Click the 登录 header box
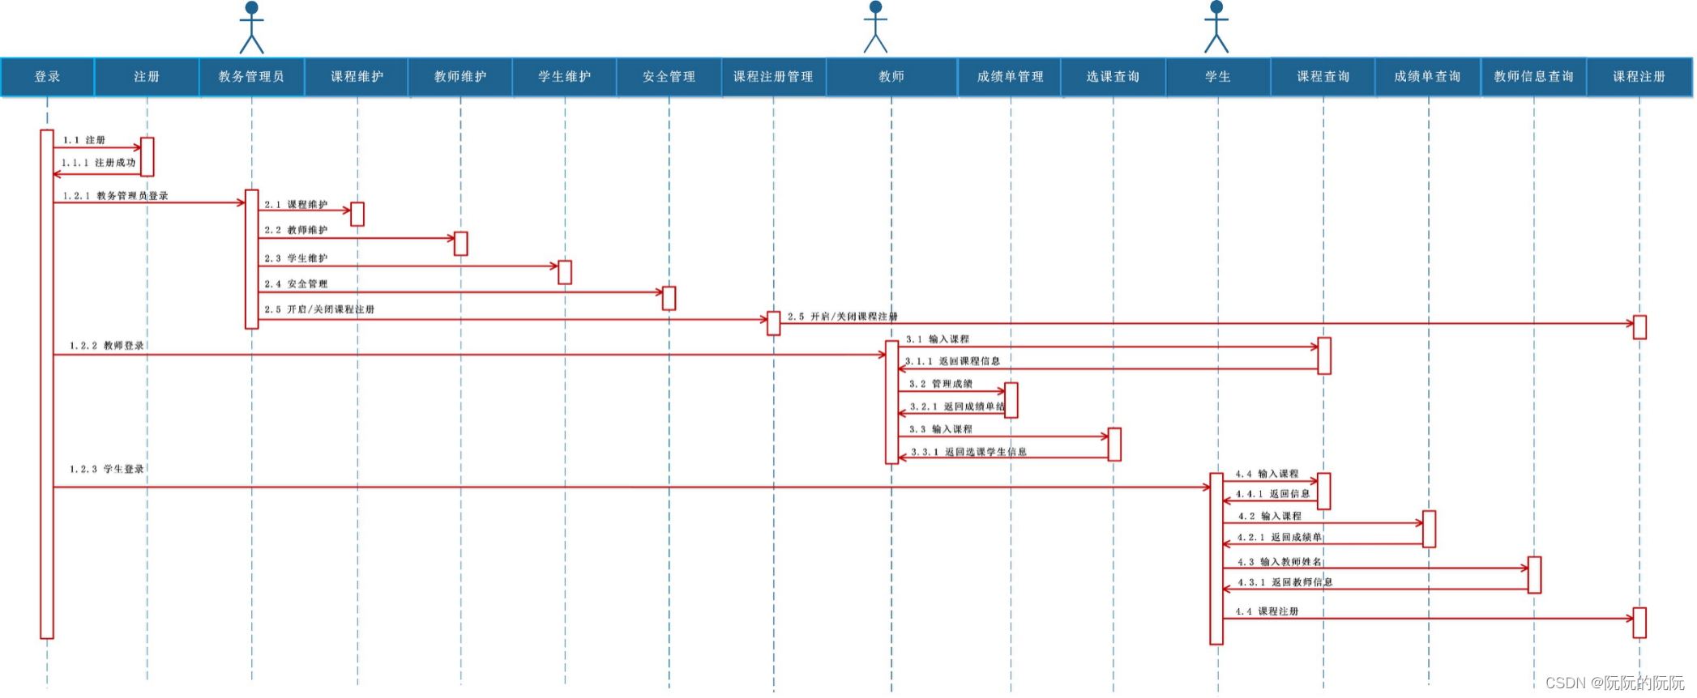tap(47, 77)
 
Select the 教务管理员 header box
tap(251, 77)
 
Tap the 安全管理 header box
tap(669, 77)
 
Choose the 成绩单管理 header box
tap(1010, 77)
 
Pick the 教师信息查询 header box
tap(1533, 77)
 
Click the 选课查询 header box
tap(1113, 77)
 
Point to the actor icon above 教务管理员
tap(251, 28)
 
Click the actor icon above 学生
tap(1216, 28)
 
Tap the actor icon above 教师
tap(875, 28)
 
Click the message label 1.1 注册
tap(84, 140)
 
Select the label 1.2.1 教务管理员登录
tap(116, 196)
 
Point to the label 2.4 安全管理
tap(296, 284)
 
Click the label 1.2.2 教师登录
tap(107, 346)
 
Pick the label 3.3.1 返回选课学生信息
tap(968, 452)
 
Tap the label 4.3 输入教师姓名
tap(1279, 562)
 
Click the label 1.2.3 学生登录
tap(107, 470)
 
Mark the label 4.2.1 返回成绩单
tap(1279, 538)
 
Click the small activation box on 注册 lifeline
tap(147, 156)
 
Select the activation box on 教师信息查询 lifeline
tap(1534, 575)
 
